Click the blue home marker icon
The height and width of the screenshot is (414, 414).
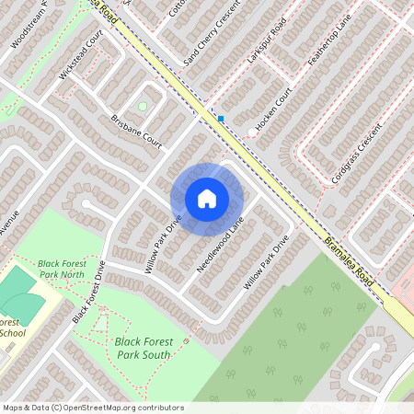pos(207,199)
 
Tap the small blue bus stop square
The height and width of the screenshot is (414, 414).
pos(221,118)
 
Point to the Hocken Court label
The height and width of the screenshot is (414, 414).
pos(274,109)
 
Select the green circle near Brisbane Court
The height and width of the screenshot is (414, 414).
pos(143,107)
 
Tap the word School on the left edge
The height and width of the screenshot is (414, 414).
pos(12,333)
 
